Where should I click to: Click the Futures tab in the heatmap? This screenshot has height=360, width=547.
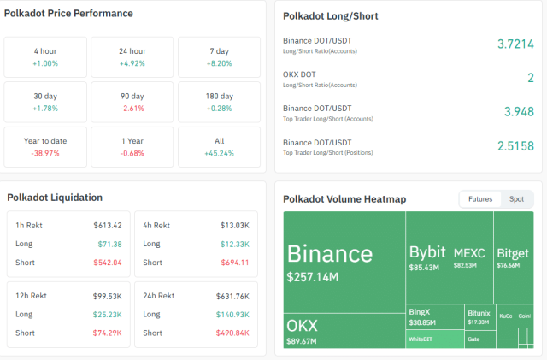pos(479,199)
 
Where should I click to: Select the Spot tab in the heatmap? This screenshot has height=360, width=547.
pos(516,199)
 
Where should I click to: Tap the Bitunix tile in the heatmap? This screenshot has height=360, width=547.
pos(479,316)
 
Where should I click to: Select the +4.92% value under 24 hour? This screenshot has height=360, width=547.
pos(132,63)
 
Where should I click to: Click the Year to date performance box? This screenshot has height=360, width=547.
pos(44,146)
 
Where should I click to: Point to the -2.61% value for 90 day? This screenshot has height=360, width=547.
pos(132,109)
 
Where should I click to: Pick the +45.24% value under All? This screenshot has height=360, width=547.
pos(219,154)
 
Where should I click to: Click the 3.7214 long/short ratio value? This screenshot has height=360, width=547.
pos(515,44)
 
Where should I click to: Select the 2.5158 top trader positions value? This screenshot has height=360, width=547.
pos(515,146)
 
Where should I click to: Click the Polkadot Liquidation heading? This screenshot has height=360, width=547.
pos(55,198)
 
